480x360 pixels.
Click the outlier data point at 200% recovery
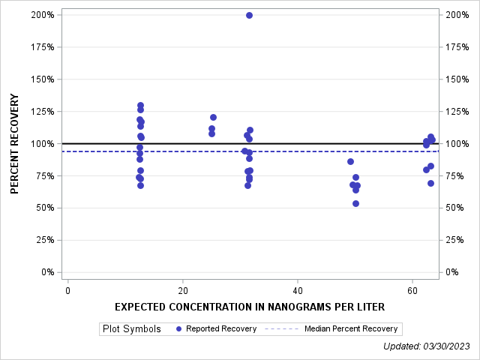click(249, 15)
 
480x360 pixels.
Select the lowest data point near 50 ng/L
click(355, 203)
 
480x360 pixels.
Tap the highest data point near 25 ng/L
click(213, 117)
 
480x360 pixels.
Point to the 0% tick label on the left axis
click(48, 272)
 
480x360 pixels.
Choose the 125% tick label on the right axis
click(457, 112)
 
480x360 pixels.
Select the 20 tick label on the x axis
click(182, 290)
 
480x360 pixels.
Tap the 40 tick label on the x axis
click(297, 290)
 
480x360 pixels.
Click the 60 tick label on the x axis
click(412, 290)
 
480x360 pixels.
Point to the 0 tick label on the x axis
click(67, 290)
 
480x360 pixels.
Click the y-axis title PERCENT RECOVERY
click(15, 143)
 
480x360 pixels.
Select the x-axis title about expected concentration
click(249, 307)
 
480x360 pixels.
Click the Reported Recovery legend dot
click(178, 328)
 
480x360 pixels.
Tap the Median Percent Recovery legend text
click(351, 328)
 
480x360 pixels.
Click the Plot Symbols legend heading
click(131, 328)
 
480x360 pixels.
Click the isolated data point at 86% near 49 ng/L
click(350, 161)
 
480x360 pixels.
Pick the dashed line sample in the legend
click(283, 328)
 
